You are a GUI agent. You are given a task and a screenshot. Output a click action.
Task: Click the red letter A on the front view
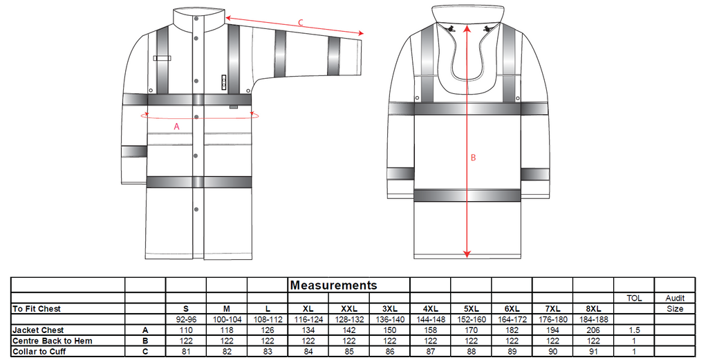pos(176,126)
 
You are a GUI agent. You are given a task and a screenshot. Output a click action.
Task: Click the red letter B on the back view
pos(473,158)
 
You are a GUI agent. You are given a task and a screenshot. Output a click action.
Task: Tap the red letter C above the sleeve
pos(301,23)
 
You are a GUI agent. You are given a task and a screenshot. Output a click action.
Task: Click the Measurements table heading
pos(333,285)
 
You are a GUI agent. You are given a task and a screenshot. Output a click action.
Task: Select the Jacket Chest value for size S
pos(186,330)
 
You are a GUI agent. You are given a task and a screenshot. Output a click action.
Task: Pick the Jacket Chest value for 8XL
pos(593,330)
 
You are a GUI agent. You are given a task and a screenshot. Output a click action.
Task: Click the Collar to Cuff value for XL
pos(308,352)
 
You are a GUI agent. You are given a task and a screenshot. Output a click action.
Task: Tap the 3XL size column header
pos(390,309)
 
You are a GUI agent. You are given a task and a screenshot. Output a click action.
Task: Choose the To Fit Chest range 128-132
pos(349,319)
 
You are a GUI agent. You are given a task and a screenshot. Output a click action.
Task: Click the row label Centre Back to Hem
pos(53,341)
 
